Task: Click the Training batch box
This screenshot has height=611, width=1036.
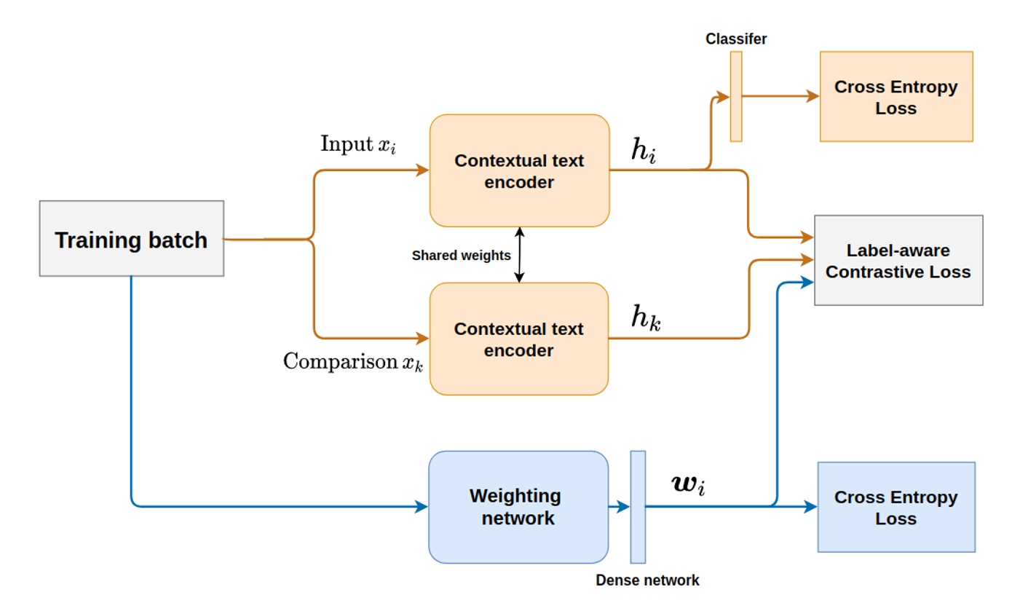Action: [131, 239]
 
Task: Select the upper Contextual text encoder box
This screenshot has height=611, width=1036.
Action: [519, 170]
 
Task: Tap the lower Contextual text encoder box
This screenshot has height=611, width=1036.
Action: [519, 339]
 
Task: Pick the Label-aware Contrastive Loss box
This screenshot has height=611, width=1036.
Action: [898, 261]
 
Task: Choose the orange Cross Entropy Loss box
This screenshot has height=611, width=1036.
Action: [896, 97]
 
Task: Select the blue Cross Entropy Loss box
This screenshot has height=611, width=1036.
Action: [896, 507]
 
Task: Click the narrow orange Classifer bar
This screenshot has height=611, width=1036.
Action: [736, 96]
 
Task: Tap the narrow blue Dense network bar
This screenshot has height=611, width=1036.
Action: [638, 507]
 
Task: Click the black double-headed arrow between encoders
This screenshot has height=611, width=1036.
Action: [519, 255]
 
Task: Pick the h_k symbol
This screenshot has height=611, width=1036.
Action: [645, 318]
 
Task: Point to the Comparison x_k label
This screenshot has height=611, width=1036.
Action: [352, 361]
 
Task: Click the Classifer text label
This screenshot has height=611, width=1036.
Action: [736, 39]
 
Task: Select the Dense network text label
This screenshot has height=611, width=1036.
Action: [647, 580]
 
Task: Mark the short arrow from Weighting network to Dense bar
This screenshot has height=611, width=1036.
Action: [619, 507]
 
